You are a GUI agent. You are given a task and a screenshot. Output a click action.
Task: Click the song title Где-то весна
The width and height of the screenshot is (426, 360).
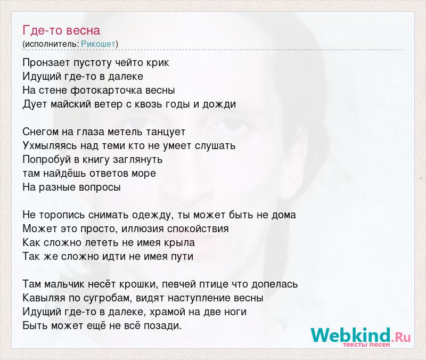pyautogui.click(x=61, y=30)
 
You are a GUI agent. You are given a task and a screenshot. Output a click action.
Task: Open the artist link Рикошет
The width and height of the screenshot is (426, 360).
pyautogui.click(x=98, y=44)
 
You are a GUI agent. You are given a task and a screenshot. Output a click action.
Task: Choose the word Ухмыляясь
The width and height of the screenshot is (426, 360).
pyautogui.click(x=50, y=146)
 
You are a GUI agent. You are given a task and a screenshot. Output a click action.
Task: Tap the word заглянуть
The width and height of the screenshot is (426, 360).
pyautogui.click(x=137, y=160)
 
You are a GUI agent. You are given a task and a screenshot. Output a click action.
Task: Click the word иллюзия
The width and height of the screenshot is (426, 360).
pyautogui.click(x=143, y=229)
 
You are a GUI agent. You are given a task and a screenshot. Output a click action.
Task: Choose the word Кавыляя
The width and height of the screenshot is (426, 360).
pyautogui.click(x=44, y=298)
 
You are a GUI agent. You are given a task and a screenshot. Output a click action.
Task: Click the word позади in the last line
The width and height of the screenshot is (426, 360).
pyautogui.click(x=162, y=326)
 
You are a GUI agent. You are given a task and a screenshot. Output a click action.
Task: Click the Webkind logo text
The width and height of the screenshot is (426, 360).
pyautogui.click(x=361, y=336)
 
